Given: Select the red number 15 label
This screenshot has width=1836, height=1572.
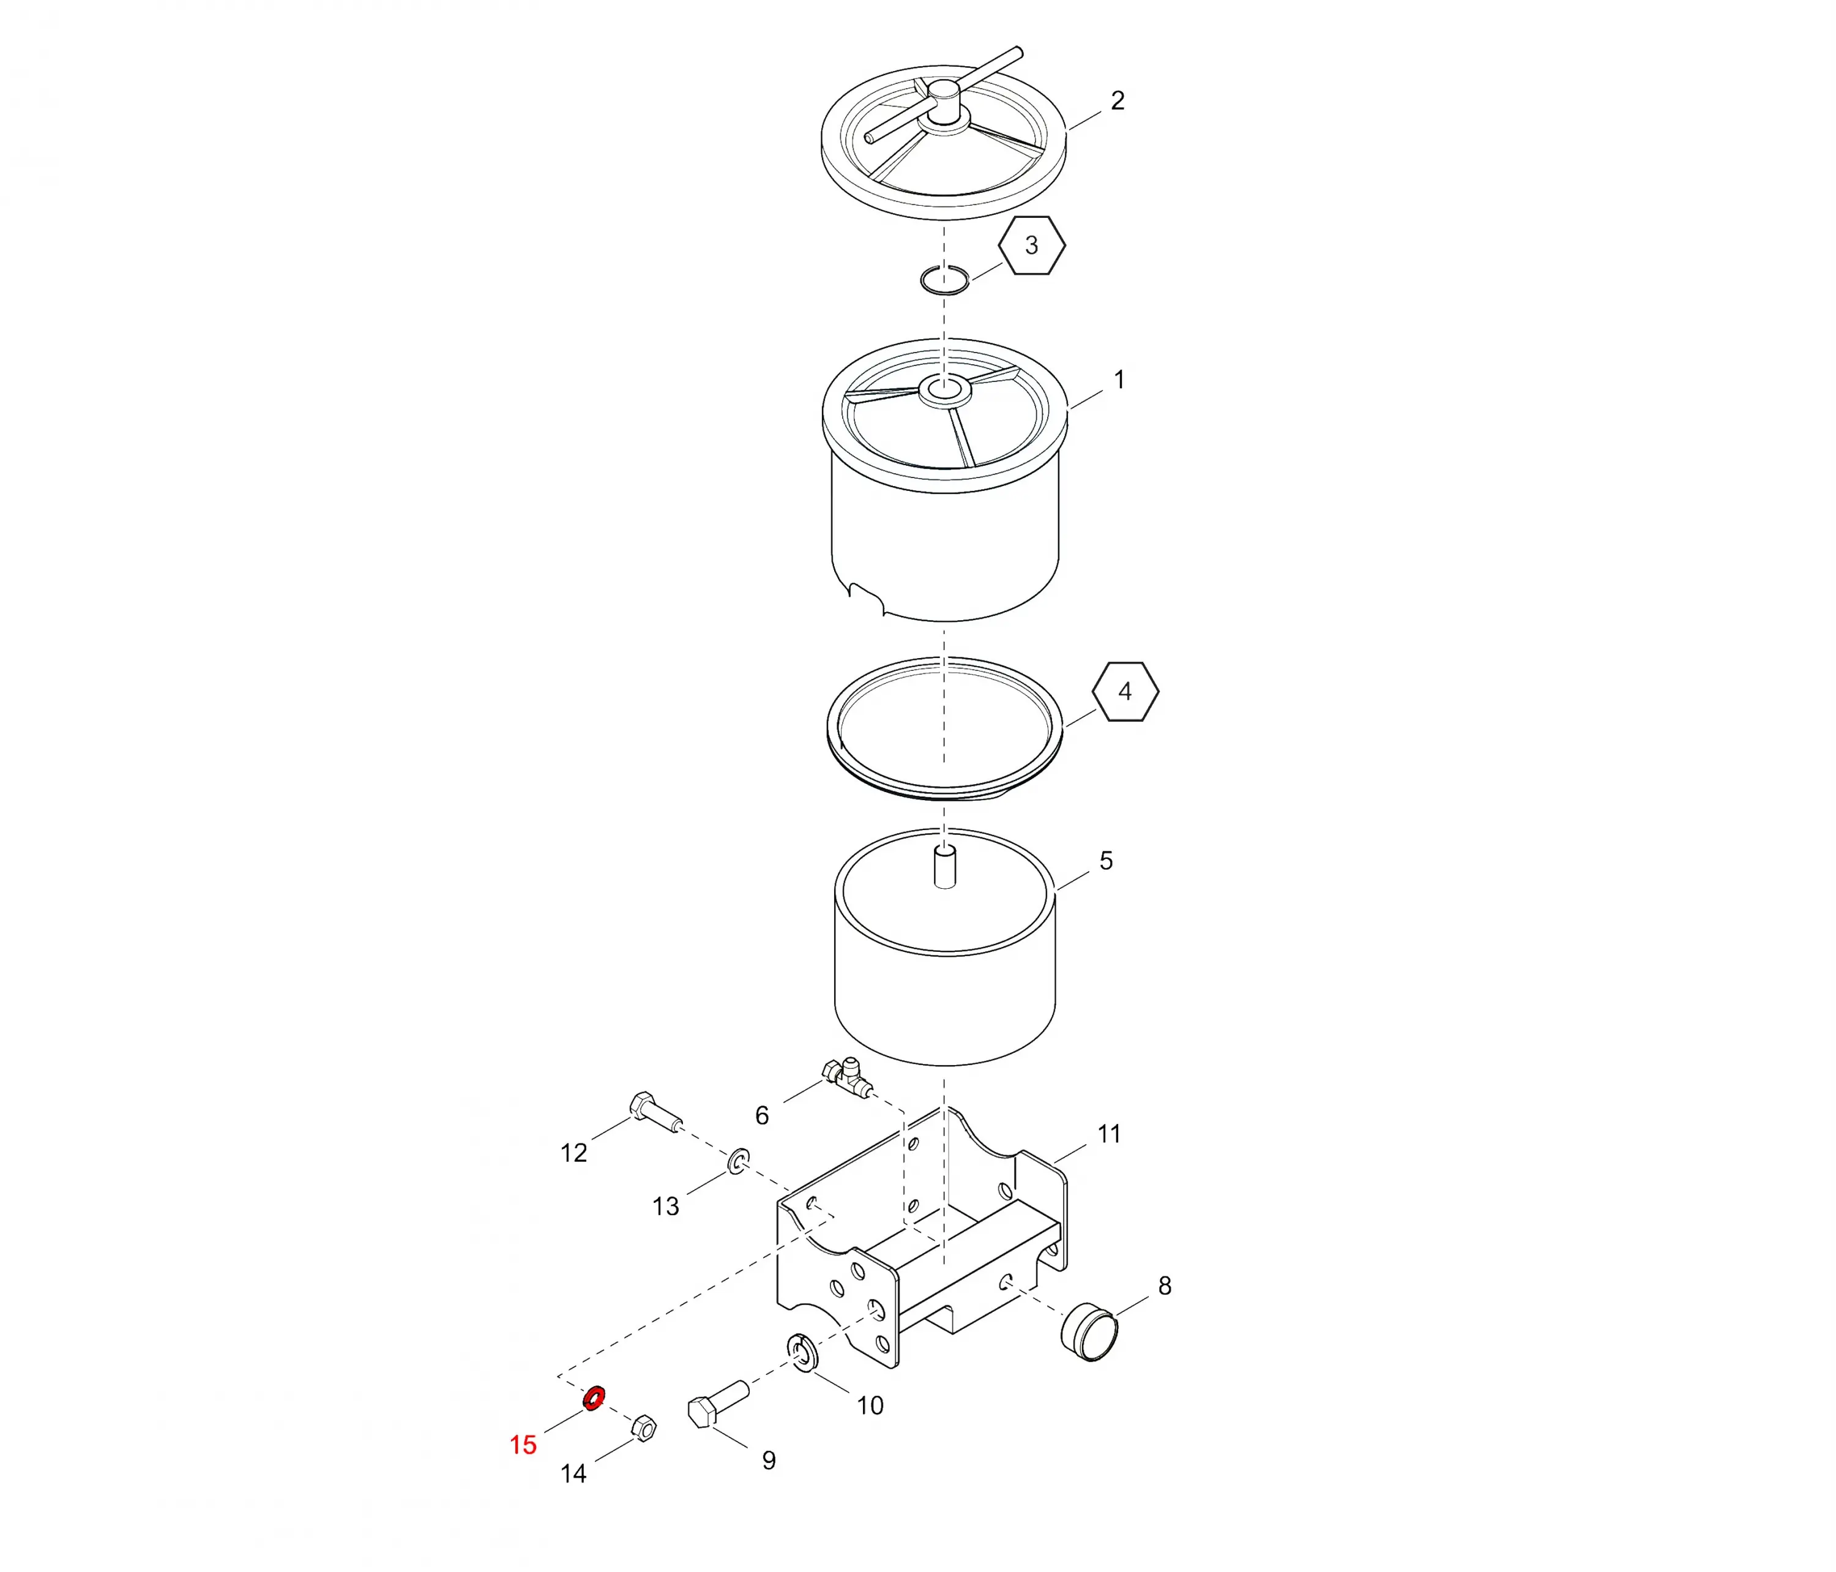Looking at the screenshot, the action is (523, 1445).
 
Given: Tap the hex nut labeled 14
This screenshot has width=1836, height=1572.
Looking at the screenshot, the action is (644, 1428).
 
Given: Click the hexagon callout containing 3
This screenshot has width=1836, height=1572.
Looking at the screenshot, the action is (1031, 245).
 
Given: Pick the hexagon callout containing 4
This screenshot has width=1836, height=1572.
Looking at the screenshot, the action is (1125, 691).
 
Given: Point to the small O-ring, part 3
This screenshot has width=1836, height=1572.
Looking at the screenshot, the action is (944, 279).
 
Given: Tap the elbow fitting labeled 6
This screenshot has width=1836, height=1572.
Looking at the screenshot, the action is (847, 1077).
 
